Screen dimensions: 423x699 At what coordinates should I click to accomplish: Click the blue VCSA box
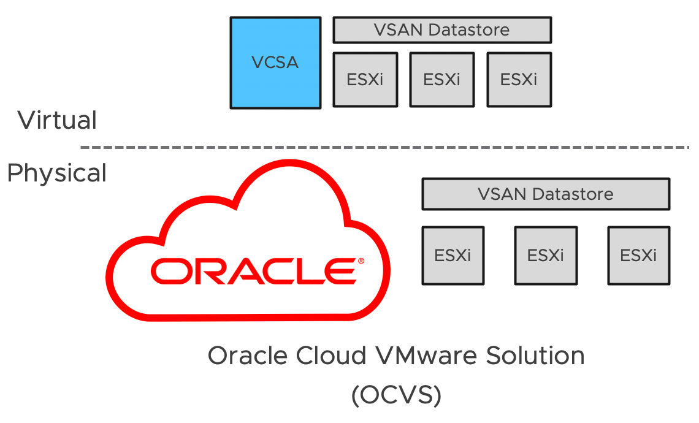(x=275, y=63)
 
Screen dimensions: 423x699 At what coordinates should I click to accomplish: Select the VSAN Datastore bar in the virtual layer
(x=441, y=30)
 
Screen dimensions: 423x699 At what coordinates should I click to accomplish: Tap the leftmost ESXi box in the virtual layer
(x=365, y=79)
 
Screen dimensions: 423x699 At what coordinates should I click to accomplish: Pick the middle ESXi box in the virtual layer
(x=441, y=79)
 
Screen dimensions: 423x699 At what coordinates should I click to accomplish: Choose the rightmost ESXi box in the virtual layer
(x=519, y=79)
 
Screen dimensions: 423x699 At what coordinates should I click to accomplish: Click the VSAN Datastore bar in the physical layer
(x=545, y=194)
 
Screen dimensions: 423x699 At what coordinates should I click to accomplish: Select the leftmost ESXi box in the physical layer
(x=453, y=255)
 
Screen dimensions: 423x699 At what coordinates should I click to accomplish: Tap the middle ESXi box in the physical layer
(x=545, y=255)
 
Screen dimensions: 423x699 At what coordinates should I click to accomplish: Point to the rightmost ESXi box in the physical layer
(x=638, y=255)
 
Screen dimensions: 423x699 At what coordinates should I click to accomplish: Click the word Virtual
(x=57, y=120)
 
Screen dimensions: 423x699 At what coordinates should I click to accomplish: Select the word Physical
(x=56, y=173)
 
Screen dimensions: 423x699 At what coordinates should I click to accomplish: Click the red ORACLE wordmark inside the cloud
(x=253, y=271)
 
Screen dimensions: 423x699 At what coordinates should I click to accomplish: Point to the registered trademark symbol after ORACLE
(x=361, y=261)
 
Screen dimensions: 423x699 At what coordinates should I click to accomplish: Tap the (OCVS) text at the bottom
(x=396, y=395)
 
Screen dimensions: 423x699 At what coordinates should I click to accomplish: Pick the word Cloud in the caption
(x=329, y=356)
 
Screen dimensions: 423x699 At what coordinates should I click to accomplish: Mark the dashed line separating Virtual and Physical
(x=384, y=148)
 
